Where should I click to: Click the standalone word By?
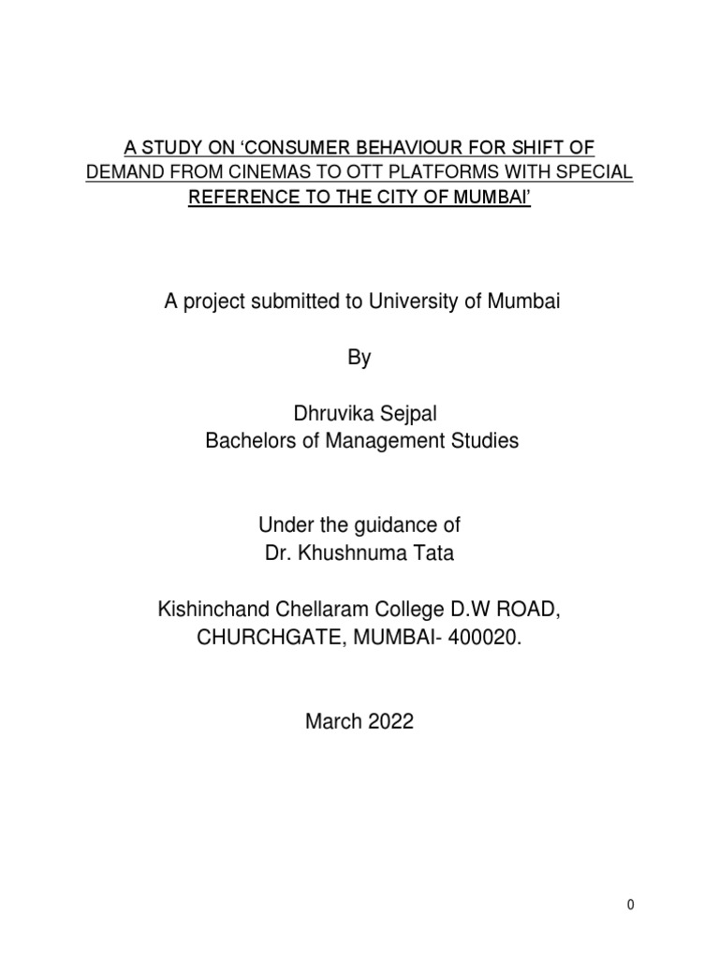pos(360,358)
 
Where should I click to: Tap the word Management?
pos(389,440)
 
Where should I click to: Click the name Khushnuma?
pos(355,553)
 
